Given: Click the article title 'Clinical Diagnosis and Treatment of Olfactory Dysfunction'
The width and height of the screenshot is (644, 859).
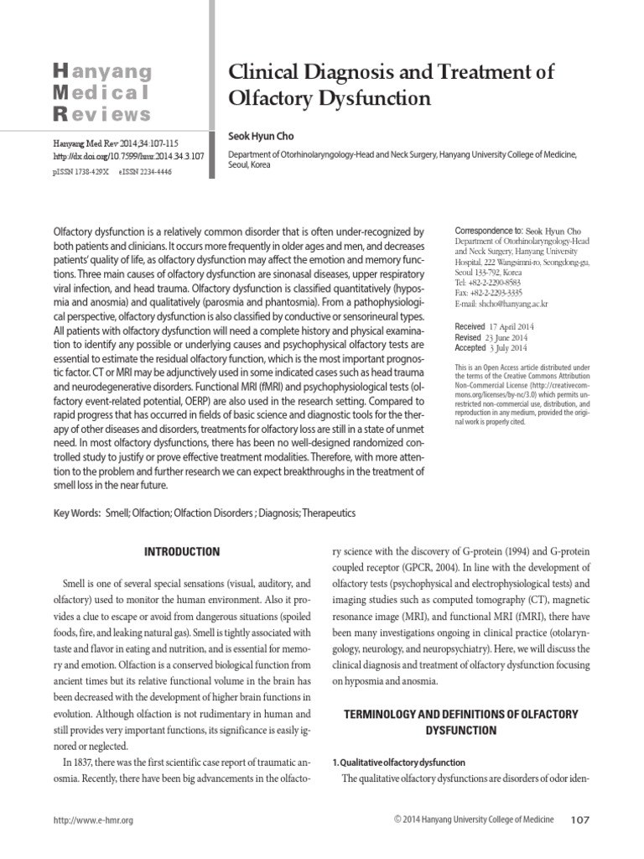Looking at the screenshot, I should point(392,85).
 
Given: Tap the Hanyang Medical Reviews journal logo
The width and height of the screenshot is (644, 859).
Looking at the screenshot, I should point(102,92).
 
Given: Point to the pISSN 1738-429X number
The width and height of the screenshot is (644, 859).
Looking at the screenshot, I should point(75,170).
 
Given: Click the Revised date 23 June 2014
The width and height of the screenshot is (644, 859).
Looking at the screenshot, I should point(511,336).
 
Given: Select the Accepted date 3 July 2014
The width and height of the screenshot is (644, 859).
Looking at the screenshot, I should point(511,347).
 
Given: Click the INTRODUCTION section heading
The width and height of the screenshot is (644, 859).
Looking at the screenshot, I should point(182,552).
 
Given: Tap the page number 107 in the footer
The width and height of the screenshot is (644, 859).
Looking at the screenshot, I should point(580,820).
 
